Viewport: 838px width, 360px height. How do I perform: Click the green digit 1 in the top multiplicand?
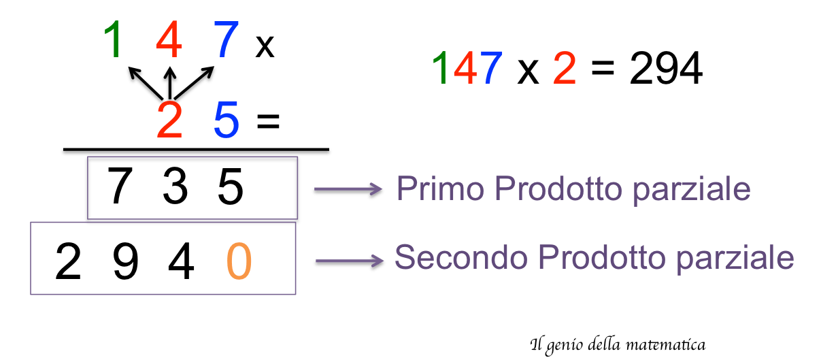pyautogui.click(x=114, y=39)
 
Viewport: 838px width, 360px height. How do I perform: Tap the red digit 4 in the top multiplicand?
pyautogui.click(x=169, y=39)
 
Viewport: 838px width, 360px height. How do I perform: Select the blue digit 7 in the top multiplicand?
pyautogui.click(x=226, y=39)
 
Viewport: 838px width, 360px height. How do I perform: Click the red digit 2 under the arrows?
pyautogui.click(x=170, y=120)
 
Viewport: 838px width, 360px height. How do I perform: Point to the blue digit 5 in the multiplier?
pyautogui.click(x=226, y=120)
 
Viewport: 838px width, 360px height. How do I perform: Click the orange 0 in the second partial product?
pyautogui.click(x=238, y=262)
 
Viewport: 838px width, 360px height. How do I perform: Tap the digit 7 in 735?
pyautogui.click(x=120, y=187)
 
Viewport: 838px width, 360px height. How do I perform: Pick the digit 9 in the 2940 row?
pyautogui.click(x=125, y=262)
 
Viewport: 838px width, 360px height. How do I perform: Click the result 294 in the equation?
pyautogui.click(x=665, y=69)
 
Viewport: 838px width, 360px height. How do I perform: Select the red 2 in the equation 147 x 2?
pyautogui.click(x=564, y=69)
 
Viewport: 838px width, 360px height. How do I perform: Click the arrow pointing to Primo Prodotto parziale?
pyautogui.click(x=348, y=191)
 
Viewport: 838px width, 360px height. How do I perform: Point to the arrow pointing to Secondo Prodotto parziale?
pyautogui.click(x=348, y=261)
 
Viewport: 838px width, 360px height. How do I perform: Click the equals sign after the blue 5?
pyautogui.click(x=268, y=122)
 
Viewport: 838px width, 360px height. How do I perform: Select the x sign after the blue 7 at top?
pyautogui.click(x=265, y=47)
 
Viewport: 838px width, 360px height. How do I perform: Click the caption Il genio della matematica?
pyautogui.click(x=617, y=345)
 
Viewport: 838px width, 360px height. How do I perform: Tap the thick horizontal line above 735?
pyautogui.click(x=196, y=151)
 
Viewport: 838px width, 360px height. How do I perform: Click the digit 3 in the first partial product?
pyautogui.click(x=175, y=187)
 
